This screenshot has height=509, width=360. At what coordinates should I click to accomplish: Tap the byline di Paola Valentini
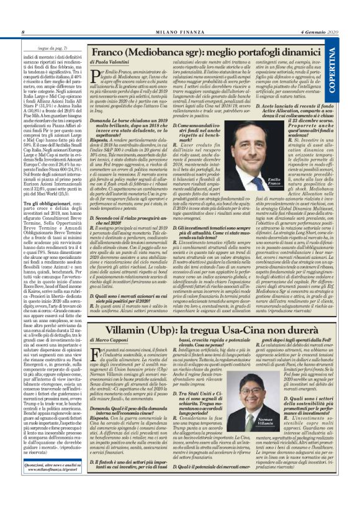coord(112,64)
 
